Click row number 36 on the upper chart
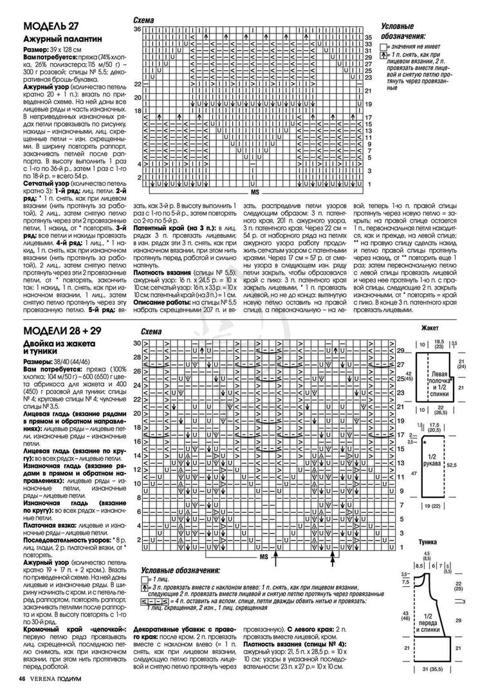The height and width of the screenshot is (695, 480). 137,30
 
